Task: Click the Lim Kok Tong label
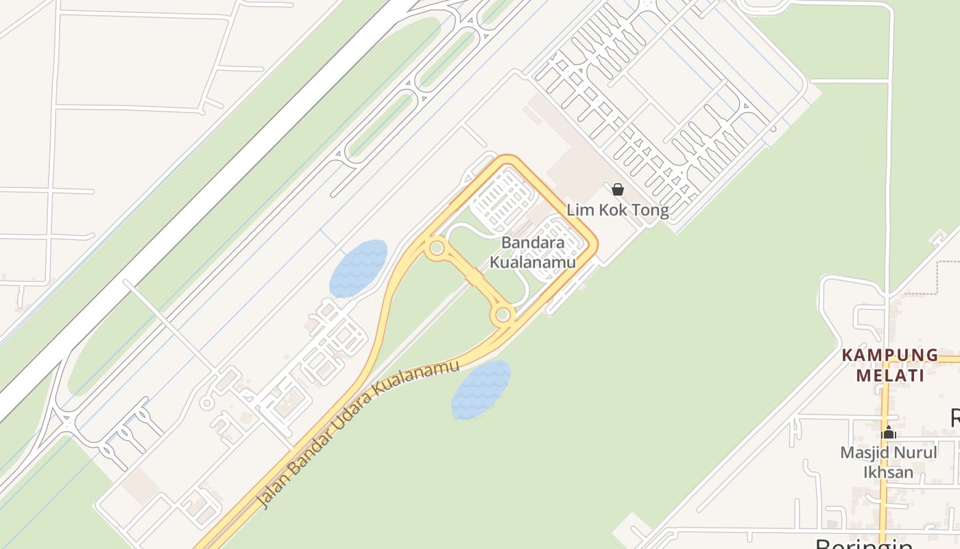pos(617,210)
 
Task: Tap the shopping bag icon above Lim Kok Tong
pos(618,189)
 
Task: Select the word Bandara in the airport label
pos(533,243)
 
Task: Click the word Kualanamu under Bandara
pos(532,262)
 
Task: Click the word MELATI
pos(890,375)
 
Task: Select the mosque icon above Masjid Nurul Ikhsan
pos(889,433)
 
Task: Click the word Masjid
pos(863,453)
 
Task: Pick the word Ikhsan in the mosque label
pos(888,472)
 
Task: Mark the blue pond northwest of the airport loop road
pos(358,268)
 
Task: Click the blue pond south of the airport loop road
pos(481,390)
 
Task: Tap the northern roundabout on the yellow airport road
pos(436,248)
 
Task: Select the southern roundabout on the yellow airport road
pos(503,315)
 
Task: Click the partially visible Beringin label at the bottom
pos(864,544)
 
